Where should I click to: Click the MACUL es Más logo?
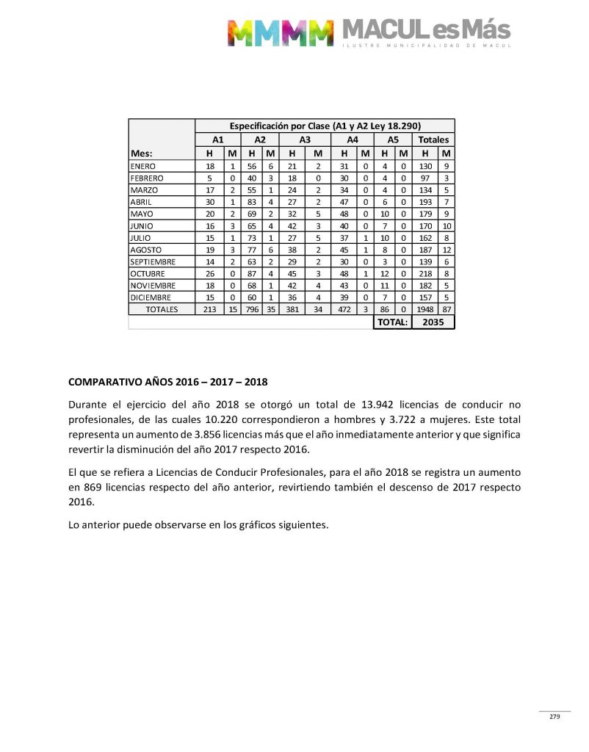pyautogui.click(x=369, y=32)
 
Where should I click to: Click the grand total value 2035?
pyautogui.click(x=433, y=322)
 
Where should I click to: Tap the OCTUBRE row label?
pyautogui.click(x=148, y=273)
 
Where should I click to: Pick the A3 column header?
pyautogui.click(x=305, y=140)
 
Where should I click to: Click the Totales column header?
pyautogui.click(x=433, y=140)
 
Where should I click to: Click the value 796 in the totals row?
pyautogui.click(x=250, y=310)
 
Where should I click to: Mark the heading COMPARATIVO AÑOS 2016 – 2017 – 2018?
pyautogui.click(x=167, y=383)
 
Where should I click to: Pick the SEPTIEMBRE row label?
pyautogui.click(x=153, y=261)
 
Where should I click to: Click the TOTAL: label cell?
pyautogui.click(x=392, y=322)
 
